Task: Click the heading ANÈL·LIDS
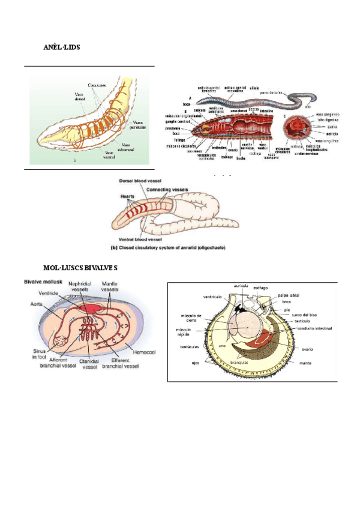(62, 47)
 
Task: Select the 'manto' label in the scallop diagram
(305, 363)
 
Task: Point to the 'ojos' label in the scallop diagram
(196, 363)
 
